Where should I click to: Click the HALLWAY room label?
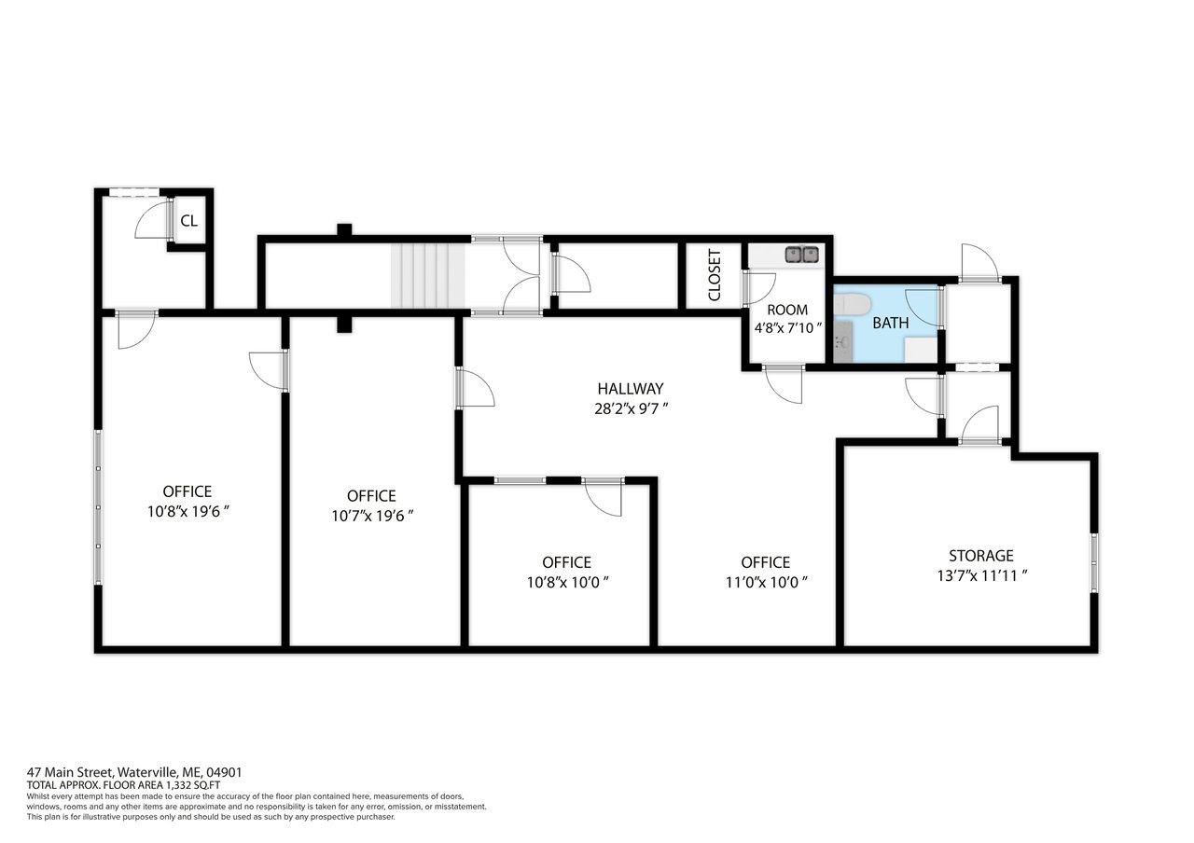pos(630,389)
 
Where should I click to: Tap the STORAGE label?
pos(980,556)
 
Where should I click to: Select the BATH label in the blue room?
pos(890,323)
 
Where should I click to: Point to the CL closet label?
pos(188,221)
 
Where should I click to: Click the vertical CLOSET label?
pos(715,275)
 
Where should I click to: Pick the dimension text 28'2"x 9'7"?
pos(632,408)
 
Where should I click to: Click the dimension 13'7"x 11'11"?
pos(982,576)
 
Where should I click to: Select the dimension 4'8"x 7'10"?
pos(787,328)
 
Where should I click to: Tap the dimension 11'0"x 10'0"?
pos(766,583)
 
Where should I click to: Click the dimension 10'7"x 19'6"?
pos(372,516)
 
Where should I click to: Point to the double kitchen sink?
pos(801,254)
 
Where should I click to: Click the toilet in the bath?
pos(852,305)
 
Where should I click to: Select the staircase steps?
pos(428,275)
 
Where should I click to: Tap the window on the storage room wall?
pos(1094,562)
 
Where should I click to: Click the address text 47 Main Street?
pos(70,772)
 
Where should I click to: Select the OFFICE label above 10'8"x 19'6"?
pos(187,491)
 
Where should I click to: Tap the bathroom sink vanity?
pos(842,341)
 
